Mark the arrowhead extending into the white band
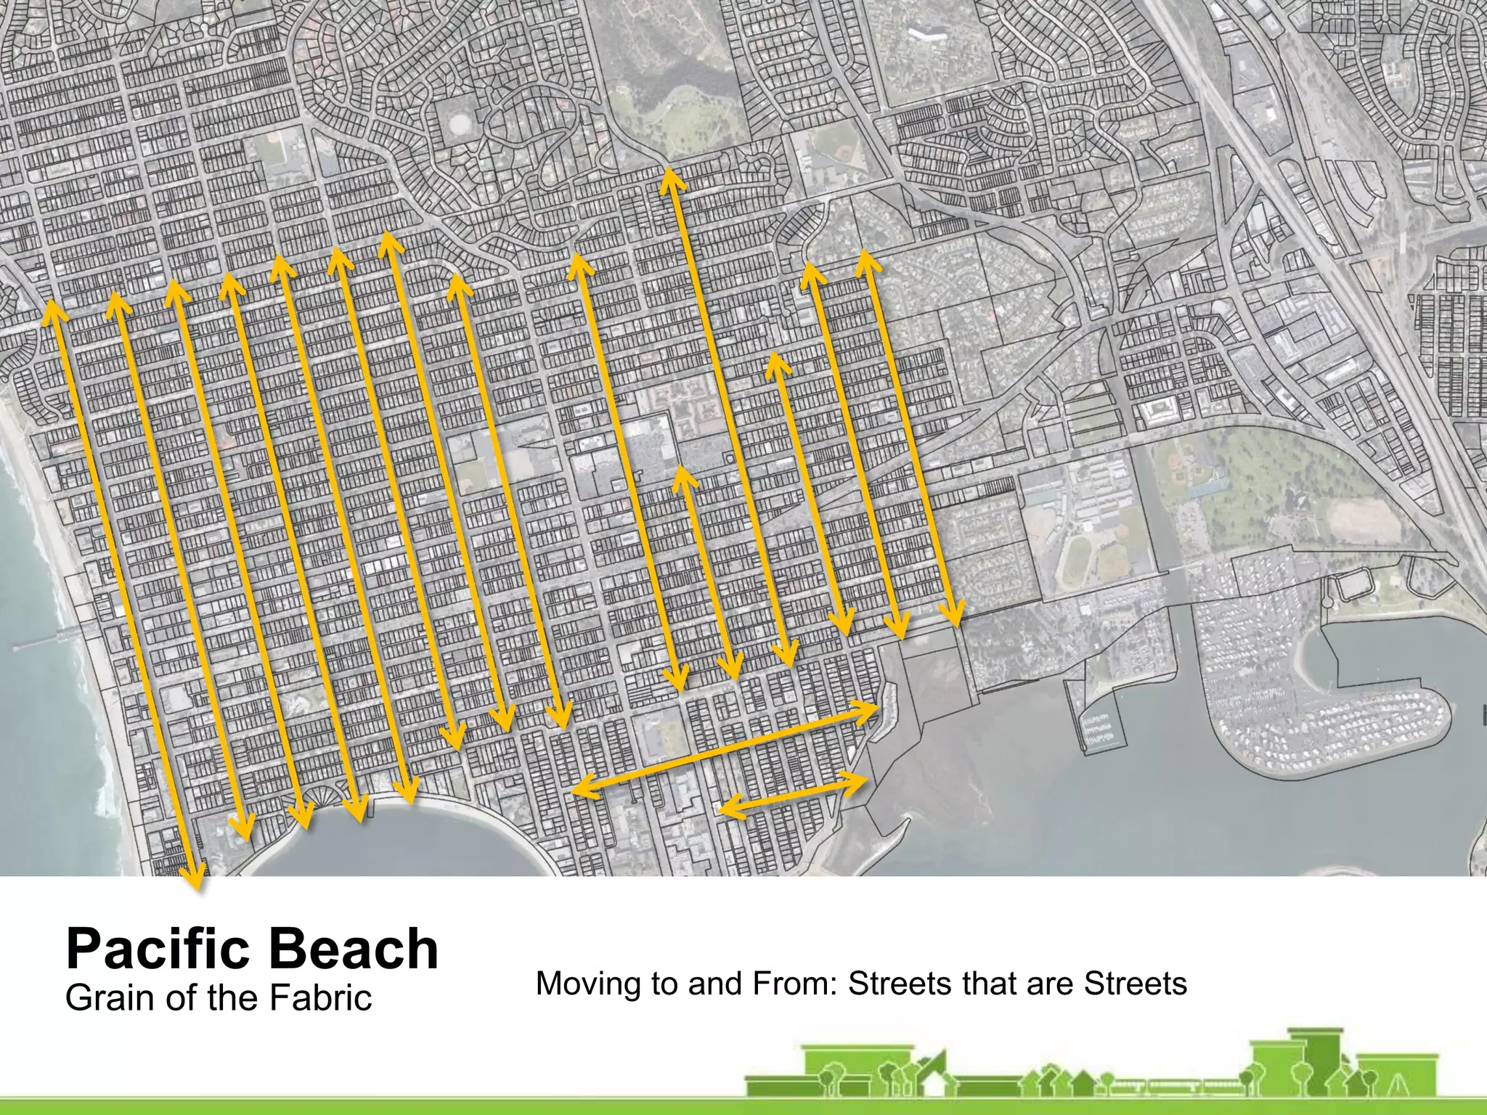coord(196,882)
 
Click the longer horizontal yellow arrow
coord(726,748)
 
